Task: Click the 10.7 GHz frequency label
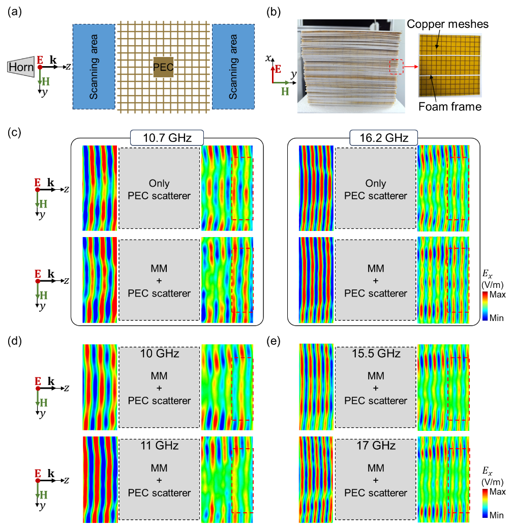[167, 138]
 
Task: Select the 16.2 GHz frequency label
[383, 138]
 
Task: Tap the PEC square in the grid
[163, 67]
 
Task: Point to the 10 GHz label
[160, 353]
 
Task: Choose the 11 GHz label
[160, 446]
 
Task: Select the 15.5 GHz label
[376, 353]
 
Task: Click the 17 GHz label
[376, 446]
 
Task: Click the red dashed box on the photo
[397, 67]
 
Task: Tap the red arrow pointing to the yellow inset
[411, 67]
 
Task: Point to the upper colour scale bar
[485, 306]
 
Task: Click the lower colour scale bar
[485, 503]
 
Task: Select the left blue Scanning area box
[94, 66]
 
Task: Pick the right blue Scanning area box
[233, 66]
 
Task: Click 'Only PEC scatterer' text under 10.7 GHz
[160, 189]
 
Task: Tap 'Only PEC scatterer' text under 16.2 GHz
[376, 189]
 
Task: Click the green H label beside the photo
[285, 91]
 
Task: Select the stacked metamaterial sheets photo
[351, 66]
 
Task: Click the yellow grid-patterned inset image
[450, 65]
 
